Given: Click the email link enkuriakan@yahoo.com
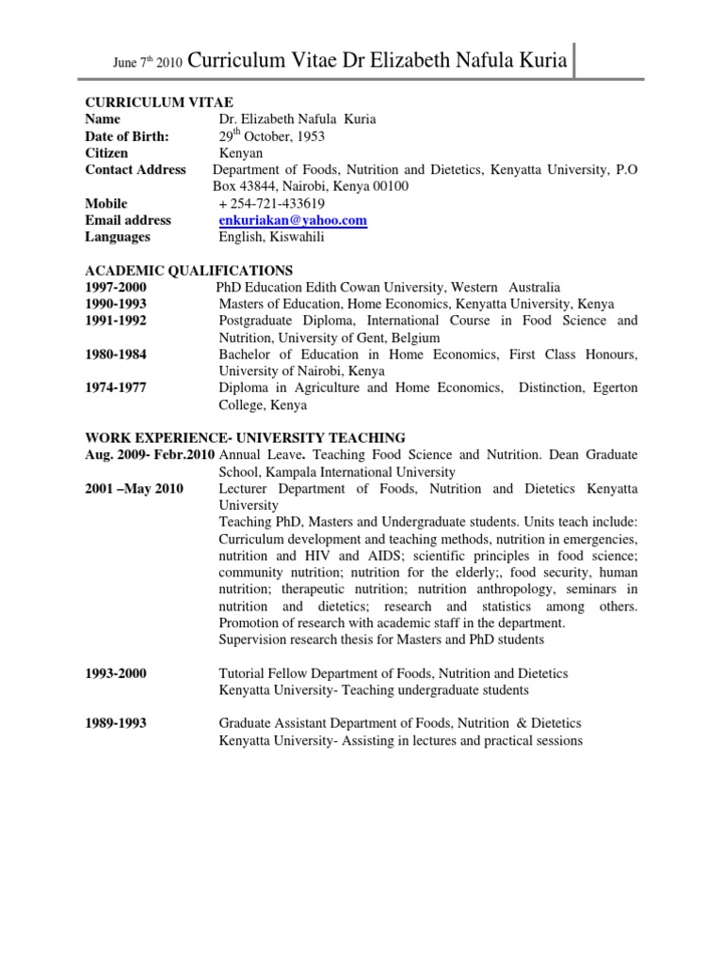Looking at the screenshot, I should (x=293, y=220).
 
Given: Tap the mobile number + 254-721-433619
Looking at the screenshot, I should (x=271, y=203).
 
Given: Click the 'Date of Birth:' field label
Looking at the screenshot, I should (x=127, y=136).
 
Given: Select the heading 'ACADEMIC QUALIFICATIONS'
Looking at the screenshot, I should (x=189, y=271).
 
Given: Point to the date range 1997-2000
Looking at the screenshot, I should (x=116, y=287).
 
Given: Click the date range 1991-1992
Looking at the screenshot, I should (x=116, y=321).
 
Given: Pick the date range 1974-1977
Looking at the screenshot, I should (x=116, y=388).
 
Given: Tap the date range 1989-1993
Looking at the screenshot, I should (x=116, y=723).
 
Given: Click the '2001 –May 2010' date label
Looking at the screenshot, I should (x=135, y=489).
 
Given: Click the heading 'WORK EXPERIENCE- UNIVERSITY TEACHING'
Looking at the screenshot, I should (x=246, y=438).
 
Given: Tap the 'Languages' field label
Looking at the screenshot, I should (x=118, y=237).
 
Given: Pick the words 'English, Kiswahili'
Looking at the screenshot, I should (x=272, y=237).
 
